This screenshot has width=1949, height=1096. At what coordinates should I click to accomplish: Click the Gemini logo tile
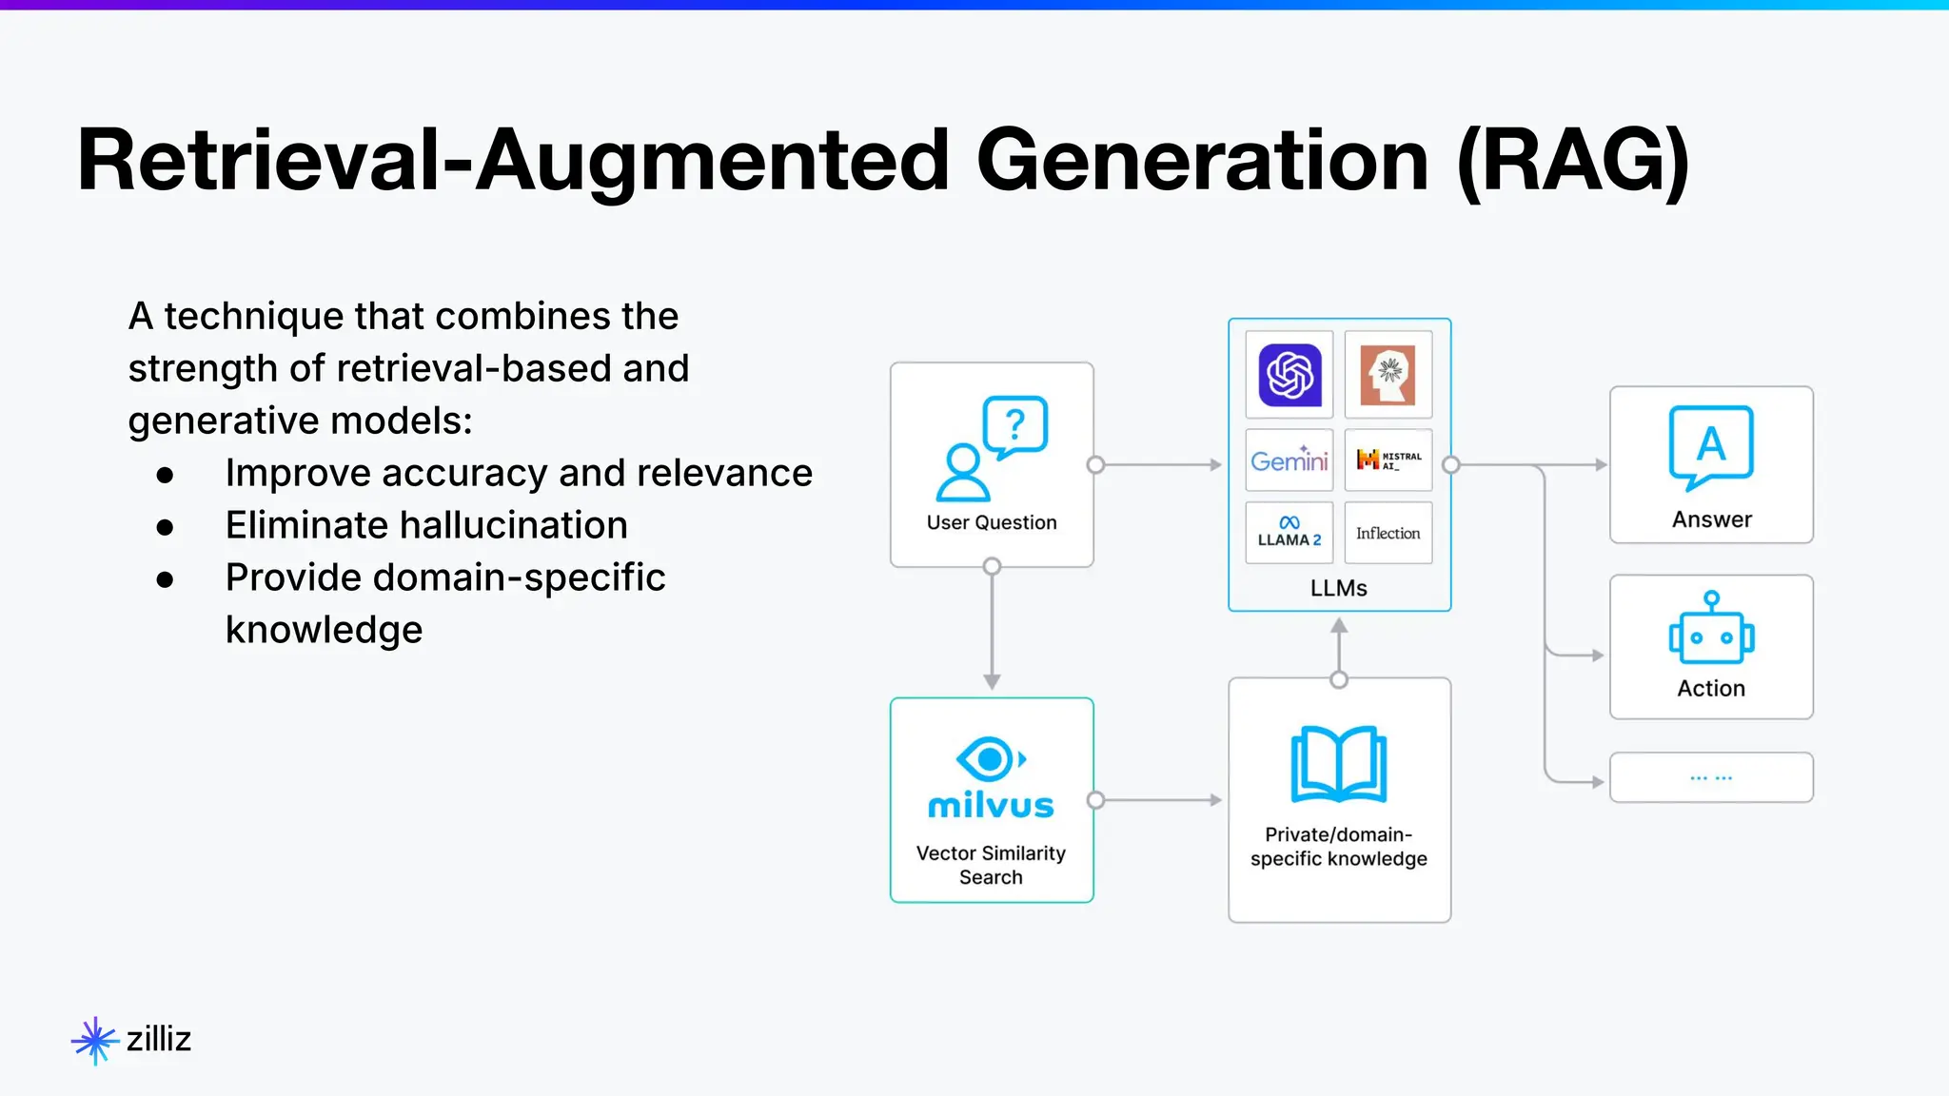point(1289,460)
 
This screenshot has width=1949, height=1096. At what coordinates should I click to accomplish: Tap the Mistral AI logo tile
point(1388,460)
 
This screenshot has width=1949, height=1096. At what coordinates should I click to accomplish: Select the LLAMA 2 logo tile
point(1289,533)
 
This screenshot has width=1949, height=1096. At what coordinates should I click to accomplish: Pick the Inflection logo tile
point(1388,533)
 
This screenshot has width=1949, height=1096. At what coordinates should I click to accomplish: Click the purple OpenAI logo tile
point(1289,375)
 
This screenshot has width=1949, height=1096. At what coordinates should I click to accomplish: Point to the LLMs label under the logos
point(1338,588)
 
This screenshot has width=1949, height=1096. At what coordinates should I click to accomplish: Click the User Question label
point(992,522)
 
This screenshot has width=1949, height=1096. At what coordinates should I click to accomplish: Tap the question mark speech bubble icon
point(1014,425)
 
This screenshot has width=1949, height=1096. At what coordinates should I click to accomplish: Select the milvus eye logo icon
point(990,759)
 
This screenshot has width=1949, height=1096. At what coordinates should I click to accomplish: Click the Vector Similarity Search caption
point(991,865)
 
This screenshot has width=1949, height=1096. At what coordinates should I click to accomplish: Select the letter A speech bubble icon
point(1711,445)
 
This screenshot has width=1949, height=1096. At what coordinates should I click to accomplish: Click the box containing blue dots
point(1711,777)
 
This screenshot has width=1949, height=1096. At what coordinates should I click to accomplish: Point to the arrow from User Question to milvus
point(992,628)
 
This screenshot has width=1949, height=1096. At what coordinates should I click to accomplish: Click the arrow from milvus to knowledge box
point(1159,800)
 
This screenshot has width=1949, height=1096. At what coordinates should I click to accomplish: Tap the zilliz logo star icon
point(94,1040)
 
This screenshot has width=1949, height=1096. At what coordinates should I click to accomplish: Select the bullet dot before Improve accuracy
point(166,475)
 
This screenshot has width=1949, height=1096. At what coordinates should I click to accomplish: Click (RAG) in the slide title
point(1573,161)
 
